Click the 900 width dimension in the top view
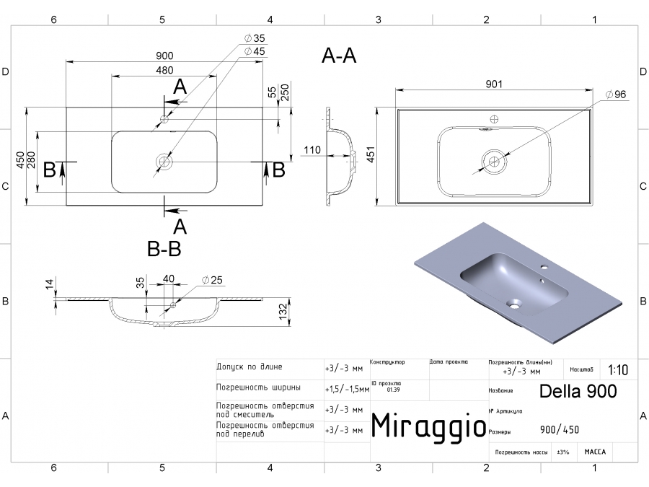(x=164, y=56)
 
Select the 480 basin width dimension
(x=164, y=70)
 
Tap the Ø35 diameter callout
(x=255, y=38)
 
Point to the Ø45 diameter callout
(x=255, y=51)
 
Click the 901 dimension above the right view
(x=494, y=84)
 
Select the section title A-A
(x=339, y=56)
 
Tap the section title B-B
(x=164, y=250)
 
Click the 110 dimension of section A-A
(x=312, y=150)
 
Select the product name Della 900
(x=578, y=391)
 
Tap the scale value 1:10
(x=617, y=370)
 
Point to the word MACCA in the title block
(x=595, y=452)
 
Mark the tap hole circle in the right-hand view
(x=495, y=119)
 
